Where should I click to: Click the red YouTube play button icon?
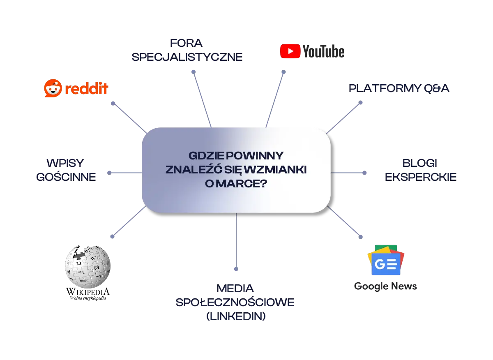(290, 51)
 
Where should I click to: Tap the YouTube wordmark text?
(323, 51)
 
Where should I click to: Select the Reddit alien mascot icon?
(52, 89)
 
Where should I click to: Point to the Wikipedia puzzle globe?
(88, 266)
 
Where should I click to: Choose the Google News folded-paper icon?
(385, 261)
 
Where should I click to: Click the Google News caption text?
(385, 286)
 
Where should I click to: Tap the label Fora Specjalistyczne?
(187, 50)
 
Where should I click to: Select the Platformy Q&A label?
(399, 88)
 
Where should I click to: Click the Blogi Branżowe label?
(420, 170)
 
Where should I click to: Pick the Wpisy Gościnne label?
(67, 170)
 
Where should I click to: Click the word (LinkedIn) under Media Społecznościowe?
(236, 317)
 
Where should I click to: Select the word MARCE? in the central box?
(243, 184)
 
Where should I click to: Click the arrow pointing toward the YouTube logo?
(275, 98)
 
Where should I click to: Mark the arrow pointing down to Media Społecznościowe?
(236, 242)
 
